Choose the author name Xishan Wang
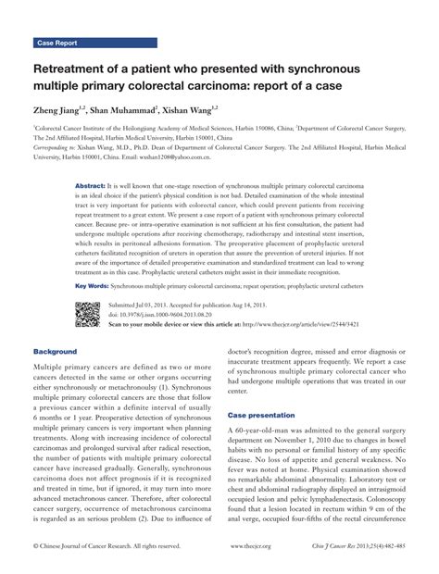(214, 110)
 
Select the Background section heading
(56, 352)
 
